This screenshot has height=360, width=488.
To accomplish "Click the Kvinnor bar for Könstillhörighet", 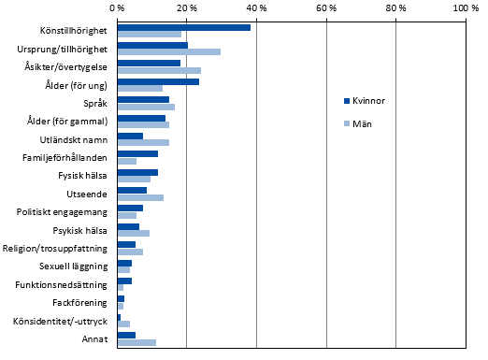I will click(x=183, y=27).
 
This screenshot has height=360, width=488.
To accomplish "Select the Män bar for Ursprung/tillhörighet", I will click(x=168, y=52).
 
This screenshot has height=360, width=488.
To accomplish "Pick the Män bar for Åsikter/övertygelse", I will click(x=159, y=70).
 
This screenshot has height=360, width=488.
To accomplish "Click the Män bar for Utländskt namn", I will click(x=142, y=143).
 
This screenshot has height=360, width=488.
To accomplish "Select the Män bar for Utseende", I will click(x=140, y=197).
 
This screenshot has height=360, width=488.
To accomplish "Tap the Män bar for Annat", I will click(x=136, y=342).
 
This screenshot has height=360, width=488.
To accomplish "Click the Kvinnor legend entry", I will click(x=361, y=100).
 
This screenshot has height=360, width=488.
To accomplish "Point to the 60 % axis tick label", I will click(x=326, y=7).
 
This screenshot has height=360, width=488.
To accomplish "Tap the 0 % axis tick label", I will click(x=118, y=7).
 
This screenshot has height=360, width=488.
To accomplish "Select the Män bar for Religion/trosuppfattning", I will click(x=130, y=252).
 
